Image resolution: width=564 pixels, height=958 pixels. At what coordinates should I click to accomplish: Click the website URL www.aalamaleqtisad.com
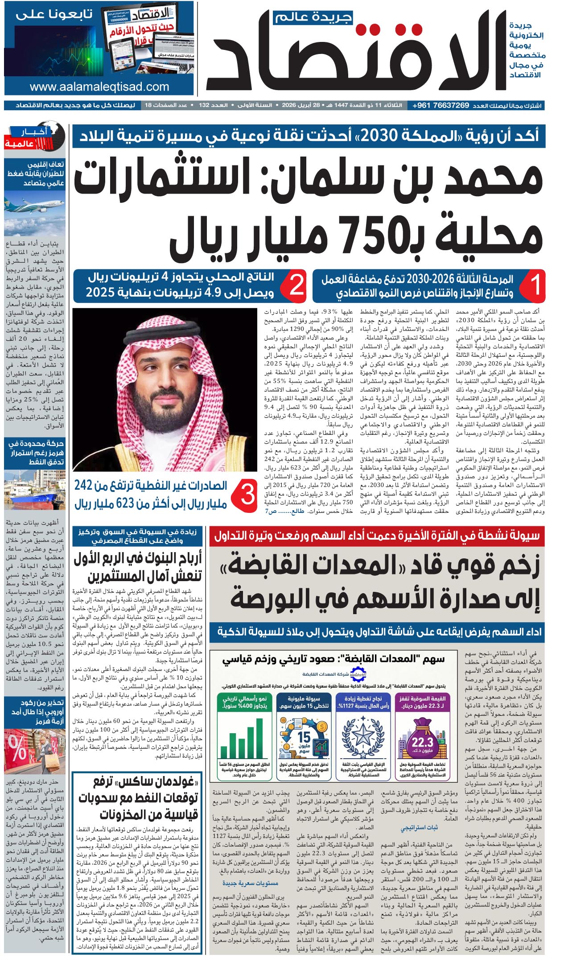99,87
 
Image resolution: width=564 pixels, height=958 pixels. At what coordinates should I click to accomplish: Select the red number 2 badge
296,285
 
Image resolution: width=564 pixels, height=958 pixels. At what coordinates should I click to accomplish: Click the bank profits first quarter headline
138,567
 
